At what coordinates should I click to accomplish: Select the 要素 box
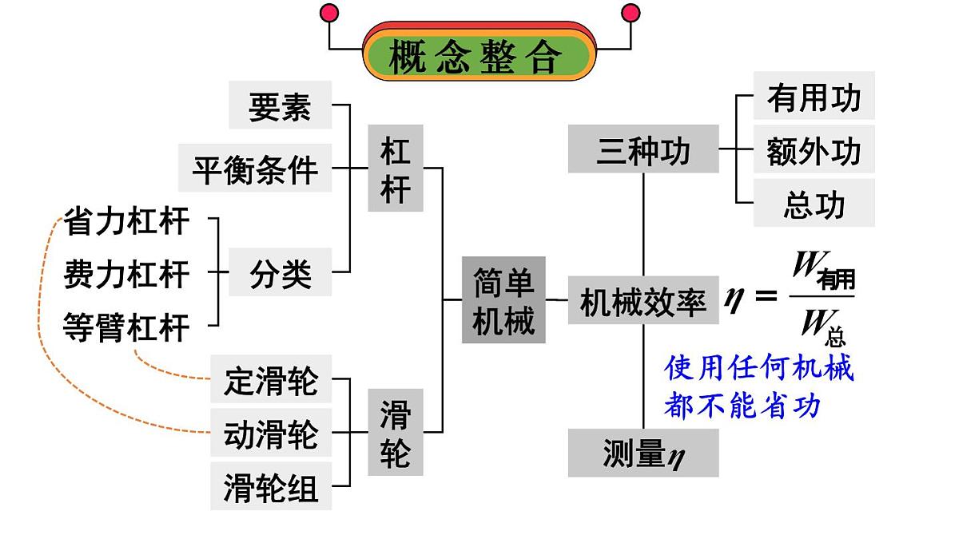point(280,105)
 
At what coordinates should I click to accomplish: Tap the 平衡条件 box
point(255,168)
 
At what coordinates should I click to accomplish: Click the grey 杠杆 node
point(395,168)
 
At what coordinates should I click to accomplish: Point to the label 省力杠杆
point(126,221)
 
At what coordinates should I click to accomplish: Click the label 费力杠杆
point(126,274)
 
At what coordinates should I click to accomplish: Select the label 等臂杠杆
point(126,327)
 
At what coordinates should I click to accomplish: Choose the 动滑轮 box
point(271,434)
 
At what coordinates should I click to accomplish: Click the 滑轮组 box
point(271,486)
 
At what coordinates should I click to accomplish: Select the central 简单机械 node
point(503,300)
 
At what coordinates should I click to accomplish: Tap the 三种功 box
point(643,149)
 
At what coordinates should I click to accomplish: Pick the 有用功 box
point(814,97)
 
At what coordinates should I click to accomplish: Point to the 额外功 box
point(814,149)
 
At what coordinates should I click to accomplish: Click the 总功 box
point(814,203)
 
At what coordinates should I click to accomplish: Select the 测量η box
point(643,453)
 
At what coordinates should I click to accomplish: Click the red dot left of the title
point(328,13)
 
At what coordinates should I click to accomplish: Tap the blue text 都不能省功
point(742,406)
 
